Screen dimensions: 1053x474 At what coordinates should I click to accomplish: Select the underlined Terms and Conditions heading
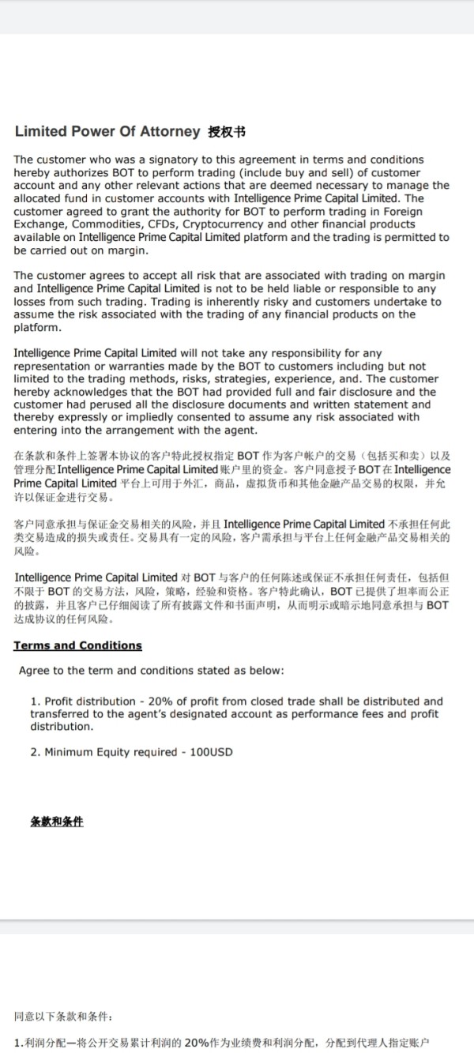coord(77,645)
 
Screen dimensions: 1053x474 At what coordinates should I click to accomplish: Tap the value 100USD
coord(211,752)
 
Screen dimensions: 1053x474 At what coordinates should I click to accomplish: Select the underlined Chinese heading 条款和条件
coord(56,822)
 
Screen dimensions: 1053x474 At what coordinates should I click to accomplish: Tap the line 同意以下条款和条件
coord(63,1015)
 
